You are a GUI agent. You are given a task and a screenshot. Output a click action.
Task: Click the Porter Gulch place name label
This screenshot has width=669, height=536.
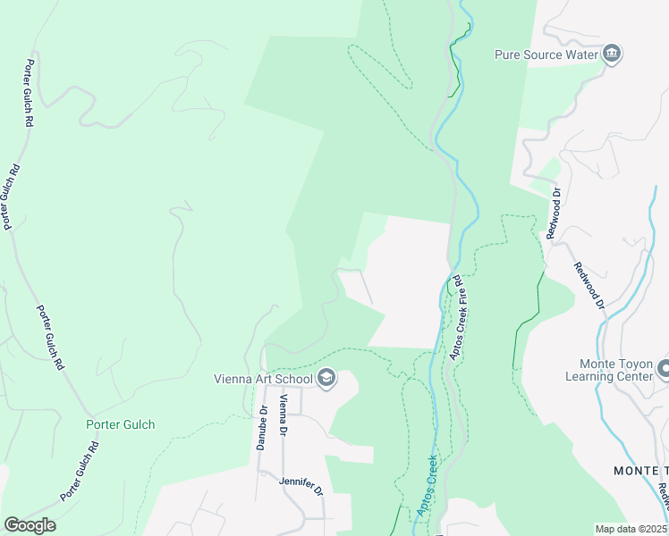point(120,424)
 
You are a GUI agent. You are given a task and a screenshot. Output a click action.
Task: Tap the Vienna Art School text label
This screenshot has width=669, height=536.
point(263,379)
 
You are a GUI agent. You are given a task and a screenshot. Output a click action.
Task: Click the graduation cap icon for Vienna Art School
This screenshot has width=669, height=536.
point(326,379)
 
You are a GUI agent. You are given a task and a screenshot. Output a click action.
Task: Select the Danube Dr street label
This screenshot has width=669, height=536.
point(263,429)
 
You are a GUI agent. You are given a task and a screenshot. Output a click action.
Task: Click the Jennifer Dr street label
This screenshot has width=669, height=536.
point(300,482)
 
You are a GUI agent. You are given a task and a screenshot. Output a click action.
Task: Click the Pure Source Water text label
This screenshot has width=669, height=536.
point(546,54)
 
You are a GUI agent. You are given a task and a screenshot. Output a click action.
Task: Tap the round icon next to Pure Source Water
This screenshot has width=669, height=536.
point(612,54)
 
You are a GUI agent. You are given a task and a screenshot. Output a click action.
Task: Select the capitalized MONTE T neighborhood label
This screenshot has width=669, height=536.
point(640,471)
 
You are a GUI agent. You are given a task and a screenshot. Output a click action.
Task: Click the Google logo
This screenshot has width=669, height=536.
point(30,525)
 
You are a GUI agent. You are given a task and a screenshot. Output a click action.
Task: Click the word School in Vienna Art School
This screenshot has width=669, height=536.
point(293,379)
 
